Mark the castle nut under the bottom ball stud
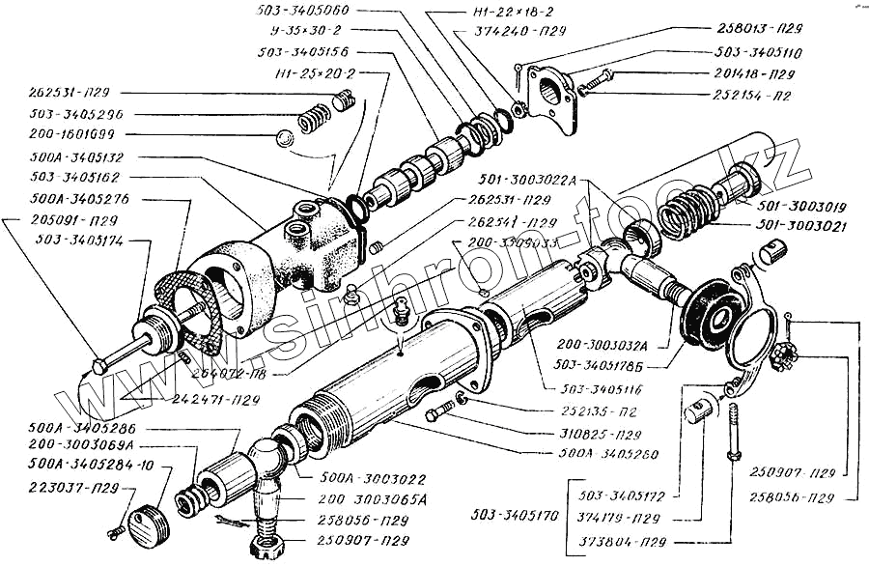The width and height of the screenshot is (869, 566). click(264, 548)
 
